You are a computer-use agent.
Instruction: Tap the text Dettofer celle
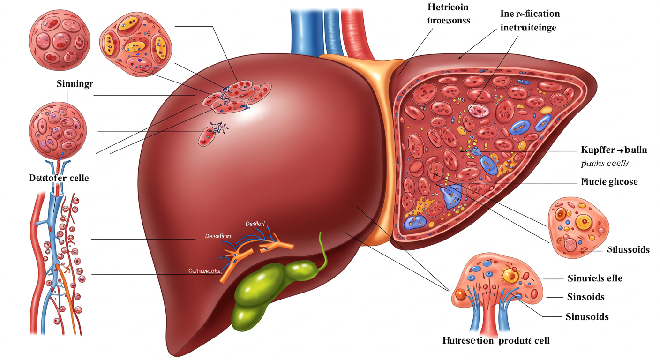59,178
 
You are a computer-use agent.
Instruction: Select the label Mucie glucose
609,181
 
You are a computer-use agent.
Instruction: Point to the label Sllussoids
628,249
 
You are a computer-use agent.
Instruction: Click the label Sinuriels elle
594,278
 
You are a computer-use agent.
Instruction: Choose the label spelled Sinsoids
585,297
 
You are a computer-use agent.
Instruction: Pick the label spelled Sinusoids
587,317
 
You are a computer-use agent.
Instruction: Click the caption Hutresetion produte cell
496,340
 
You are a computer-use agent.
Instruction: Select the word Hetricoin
448,7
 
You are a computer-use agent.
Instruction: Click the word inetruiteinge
528,28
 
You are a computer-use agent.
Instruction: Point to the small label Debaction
217,236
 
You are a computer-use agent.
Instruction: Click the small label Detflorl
255,224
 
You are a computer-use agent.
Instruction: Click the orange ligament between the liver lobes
380,141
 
